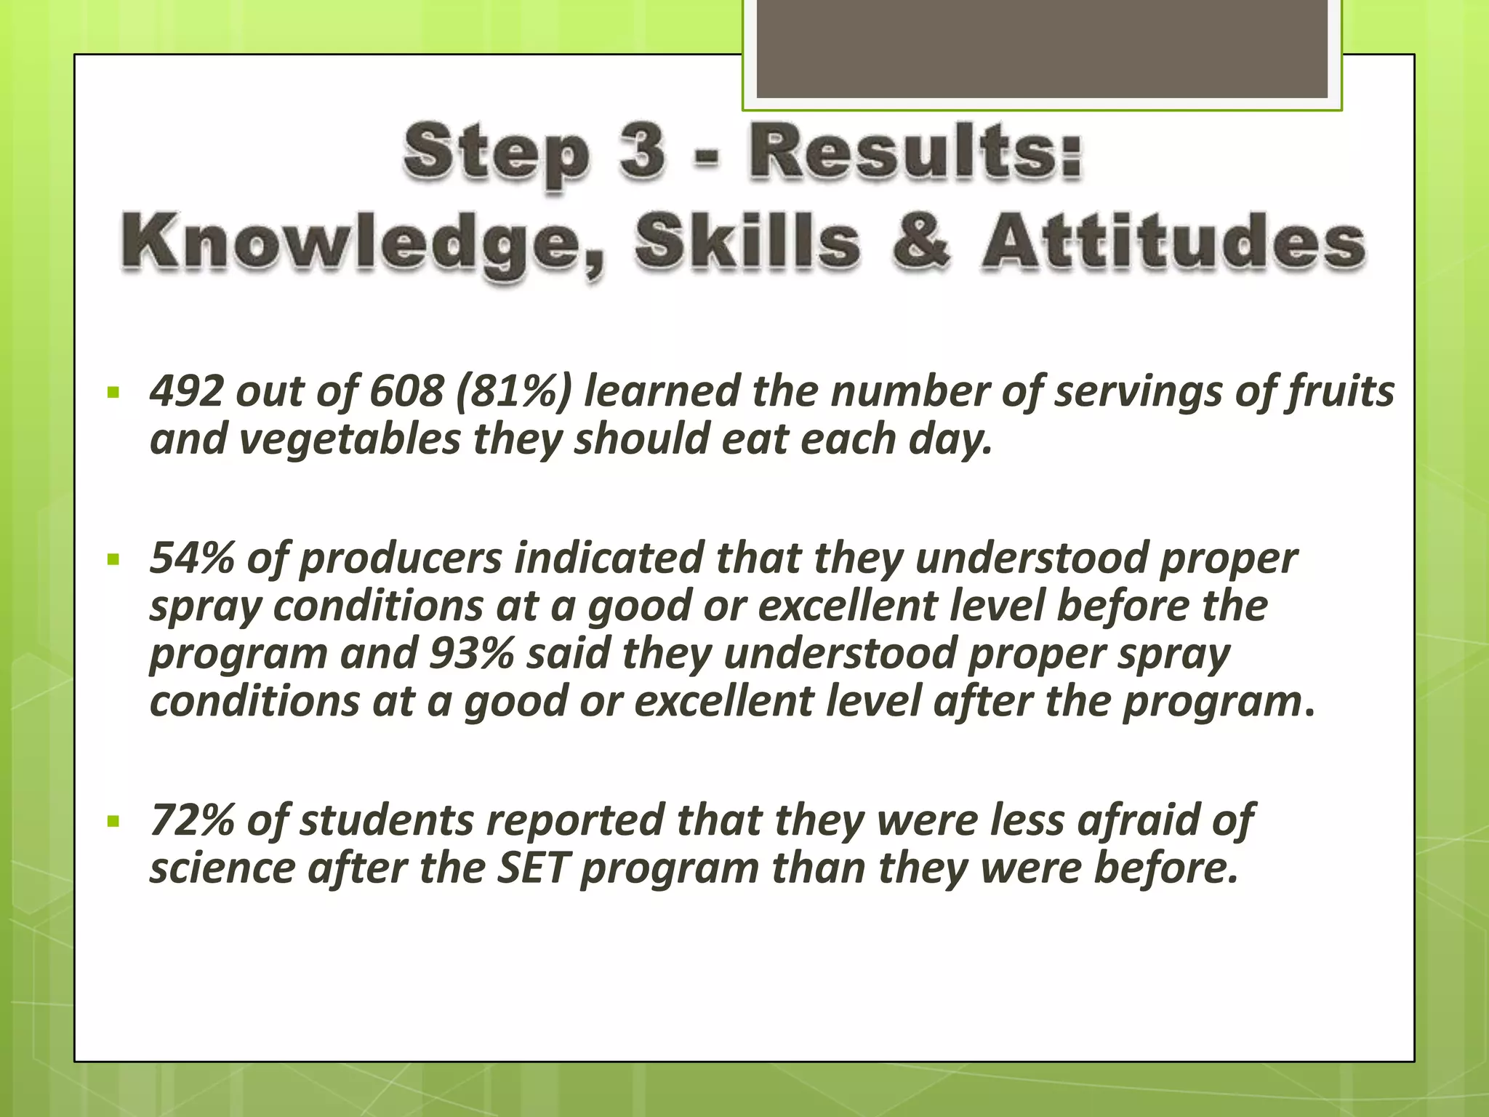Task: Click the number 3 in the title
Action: (642, 151)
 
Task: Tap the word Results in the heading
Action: (916, 151)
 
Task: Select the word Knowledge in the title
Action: (360, 241)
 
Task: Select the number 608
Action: (406, 391)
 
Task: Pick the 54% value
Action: (191, 558)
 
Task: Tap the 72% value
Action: (191, 820)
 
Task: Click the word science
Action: (222, 868)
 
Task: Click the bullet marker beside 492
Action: (113, 393)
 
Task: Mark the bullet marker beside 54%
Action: (113, 560)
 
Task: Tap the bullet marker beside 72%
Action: (113, 822)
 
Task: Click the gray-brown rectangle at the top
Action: (1042, 49)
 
